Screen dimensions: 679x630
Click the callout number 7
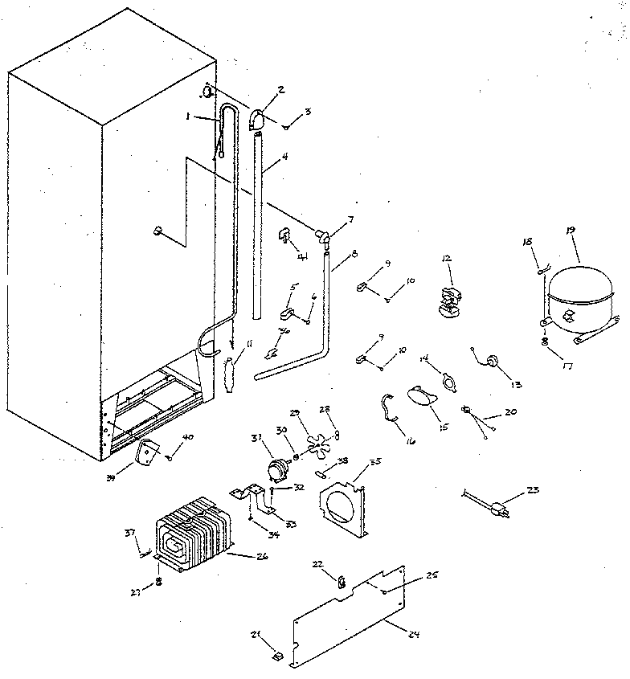(x=349, y=220)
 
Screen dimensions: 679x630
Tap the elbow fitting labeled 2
(x=260, y=120)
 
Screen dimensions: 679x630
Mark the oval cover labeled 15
(x=423, y=395)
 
